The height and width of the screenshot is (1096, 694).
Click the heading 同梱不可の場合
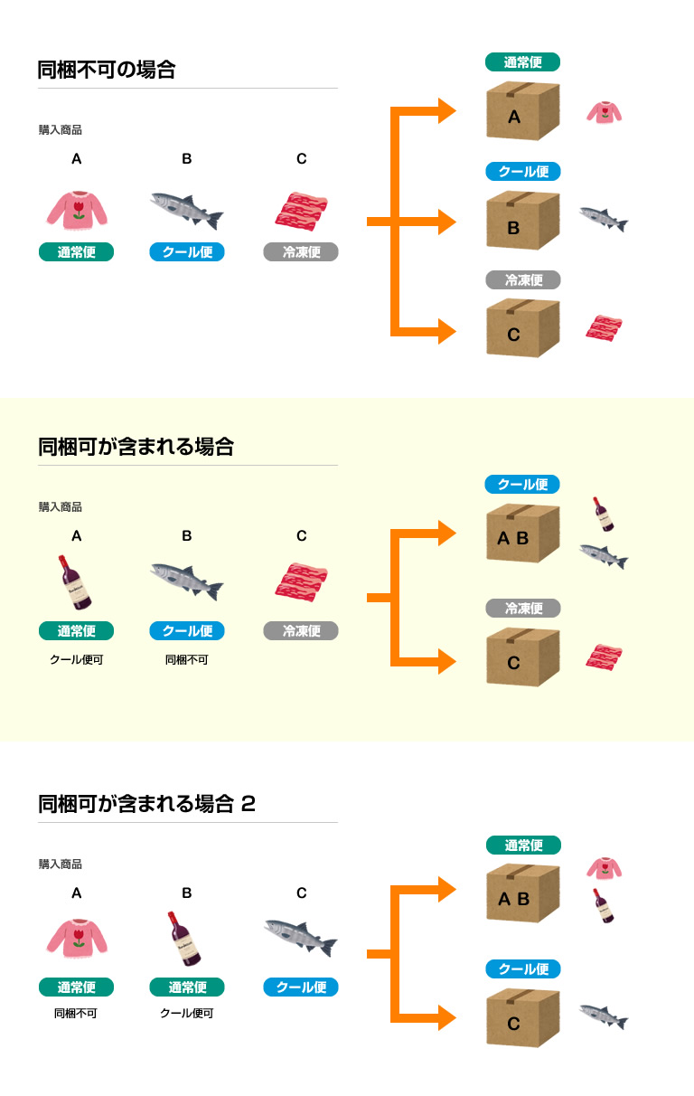click(x=107, y=70)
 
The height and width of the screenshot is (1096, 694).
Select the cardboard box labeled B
click(x=522, y=220)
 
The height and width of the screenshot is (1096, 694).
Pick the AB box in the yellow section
click(x=522, y=533)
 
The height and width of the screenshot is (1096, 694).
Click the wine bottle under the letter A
click(x=76, y=582)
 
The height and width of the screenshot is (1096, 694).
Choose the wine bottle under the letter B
click(x=185, y=939)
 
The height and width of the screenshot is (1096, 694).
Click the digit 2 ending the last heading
click(x=249, y=803)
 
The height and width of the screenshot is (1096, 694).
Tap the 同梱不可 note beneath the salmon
click(x=186, y=660)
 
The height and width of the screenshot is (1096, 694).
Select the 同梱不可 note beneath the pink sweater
click(x=76, y=1014)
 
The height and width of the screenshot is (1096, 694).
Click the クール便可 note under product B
click(x=186, y=1014)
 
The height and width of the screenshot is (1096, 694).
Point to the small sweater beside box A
click(x=604, y=112)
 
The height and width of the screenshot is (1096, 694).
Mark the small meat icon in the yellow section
click(x=603, y=657)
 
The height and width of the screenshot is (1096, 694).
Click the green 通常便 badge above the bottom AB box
click(x=523, y=846)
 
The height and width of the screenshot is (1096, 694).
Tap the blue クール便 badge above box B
click(x=523, y=172)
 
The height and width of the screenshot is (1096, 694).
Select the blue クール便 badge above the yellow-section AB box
click(x=522, y=485)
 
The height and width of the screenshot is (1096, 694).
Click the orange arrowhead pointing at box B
click(x=446, y=222)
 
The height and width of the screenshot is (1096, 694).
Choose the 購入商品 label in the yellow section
click(x=61, y=507)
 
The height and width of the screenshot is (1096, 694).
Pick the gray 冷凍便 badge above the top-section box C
click(x=523, y=280)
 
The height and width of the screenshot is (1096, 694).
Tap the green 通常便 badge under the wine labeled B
click(x=186, y=987)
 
